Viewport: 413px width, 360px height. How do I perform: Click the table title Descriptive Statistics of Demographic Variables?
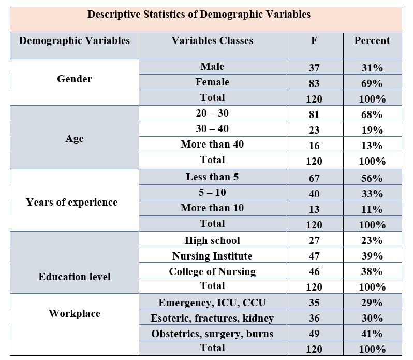tap(199, 15)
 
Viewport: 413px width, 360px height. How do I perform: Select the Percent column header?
tap(372, 40)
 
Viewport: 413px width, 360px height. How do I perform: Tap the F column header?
tap(314, 40)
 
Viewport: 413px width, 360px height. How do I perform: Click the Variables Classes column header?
tap(212, 40)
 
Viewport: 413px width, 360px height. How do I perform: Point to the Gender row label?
tap(75, 79)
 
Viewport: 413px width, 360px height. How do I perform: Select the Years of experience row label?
tap(71, 202)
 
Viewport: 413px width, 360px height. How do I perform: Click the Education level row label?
tap(75, 277)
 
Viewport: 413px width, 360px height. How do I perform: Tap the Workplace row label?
tap(75, 313)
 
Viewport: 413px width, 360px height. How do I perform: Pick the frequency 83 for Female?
tap(314, 83)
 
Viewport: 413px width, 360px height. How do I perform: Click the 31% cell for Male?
tap(372, 68)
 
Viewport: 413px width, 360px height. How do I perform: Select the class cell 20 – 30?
tap(212, 113)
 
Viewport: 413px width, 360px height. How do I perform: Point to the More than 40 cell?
tap(212, 144)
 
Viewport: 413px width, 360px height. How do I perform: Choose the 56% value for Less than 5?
tap(372, 178)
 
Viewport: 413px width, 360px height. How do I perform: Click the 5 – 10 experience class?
tap(212, 192)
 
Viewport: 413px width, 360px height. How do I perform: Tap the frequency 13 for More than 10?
tap(314, 209)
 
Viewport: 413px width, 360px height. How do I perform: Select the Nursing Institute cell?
tap(212, 256)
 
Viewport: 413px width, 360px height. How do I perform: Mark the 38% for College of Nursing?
tap(372, 272)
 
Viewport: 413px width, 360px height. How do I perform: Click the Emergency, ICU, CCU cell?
tap(212, 303)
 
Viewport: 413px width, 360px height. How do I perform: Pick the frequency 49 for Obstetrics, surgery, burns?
tap(314, 334)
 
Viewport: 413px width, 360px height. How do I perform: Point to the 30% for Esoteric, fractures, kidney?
tap(372, 319)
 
